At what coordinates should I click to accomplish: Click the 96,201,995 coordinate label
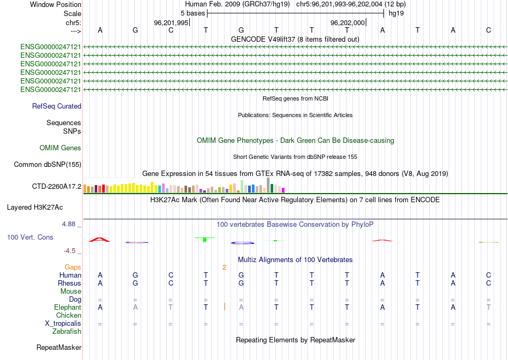tap(171, 23)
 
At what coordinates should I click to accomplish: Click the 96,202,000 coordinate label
tap(348, 23)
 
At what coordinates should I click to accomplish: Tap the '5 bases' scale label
tap(193, 13)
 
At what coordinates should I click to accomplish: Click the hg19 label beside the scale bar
tap(395, 13)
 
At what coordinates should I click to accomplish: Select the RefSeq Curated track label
tap(57, 106)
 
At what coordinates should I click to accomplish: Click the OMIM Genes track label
tap(60, 148)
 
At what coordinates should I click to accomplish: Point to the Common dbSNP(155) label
tap(48, 165)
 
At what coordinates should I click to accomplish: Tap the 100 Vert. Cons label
tap(30, 237)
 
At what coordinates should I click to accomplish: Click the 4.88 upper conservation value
tap(69, 224)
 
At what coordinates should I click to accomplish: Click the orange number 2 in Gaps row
tap(225, 267)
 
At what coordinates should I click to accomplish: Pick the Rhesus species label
tap(70, 283)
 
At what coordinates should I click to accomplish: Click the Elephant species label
tap(68, 308)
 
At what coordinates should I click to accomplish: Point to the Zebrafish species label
tap(67, 332)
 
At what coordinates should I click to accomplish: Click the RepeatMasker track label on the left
tap(59, 348)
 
